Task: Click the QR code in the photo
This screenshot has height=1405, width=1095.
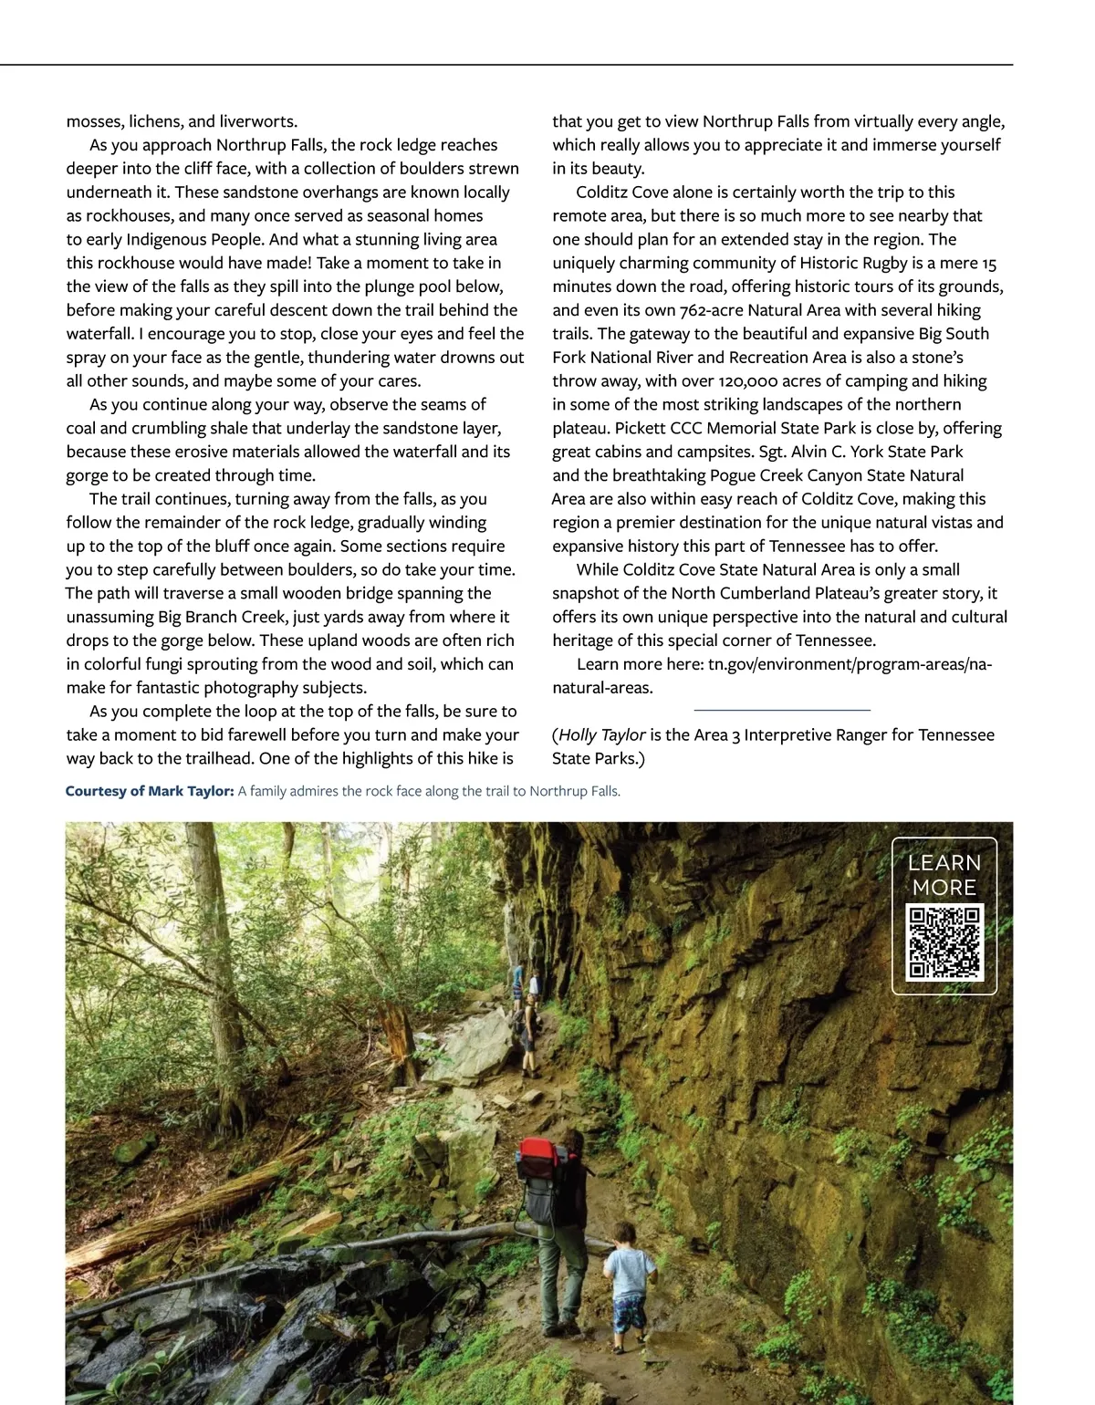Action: pyautogui.click(x=944, y=942)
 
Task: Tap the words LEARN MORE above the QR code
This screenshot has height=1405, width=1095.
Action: pyautogui.click(x=944, y=875)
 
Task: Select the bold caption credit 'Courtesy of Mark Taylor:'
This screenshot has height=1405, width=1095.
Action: pyautogui.click(x=150, y=791)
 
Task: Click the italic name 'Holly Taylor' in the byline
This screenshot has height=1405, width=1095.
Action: pyautogui.click(x=602, y=735)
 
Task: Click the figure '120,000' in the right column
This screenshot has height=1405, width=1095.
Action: pyautogui.click(x=751, y=381)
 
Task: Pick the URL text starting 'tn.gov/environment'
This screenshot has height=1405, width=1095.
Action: pyautogui.click(x=849, y=664)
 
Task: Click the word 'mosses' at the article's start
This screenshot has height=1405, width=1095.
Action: pyautogui.click(x=94, y=121)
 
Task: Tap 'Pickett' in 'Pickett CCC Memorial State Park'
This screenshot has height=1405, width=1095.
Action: pyautogui.click(x=640, y=429)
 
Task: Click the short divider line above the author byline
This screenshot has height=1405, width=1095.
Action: pyautogui.click(x=782, y=709)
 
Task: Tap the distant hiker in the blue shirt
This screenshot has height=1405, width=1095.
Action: pyautogui.click(x=518, y=983)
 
